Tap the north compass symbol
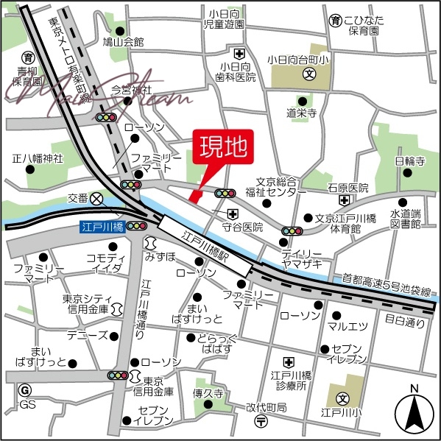[x=414, y=414]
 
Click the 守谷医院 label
[x=243, y=227]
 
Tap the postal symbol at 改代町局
[x=261, y=421]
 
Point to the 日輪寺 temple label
[x=410, y=160]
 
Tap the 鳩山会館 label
[x=124, y=41]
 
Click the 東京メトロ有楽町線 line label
[x=71, y=63]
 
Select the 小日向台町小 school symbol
[x=311, y=74]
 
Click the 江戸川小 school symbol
[x=342, y=398]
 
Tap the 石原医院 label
[x=347, y=188]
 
